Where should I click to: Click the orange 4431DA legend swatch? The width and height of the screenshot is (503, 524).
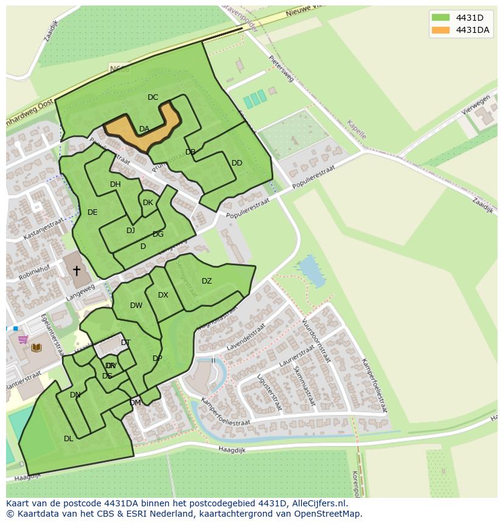(440, 30)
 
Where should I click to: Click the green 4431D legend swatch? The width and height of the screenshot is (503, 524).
(440, 17)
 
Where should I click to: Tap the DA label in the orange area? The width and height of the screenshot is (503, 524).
(144, 129)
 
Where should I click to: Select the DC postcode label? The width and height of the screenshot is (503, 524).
(152, 97)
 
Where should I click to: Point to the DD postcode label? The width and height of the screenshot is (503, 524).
(237, 163)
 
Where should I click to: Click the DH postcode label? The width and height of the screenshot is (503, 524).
(115, 184)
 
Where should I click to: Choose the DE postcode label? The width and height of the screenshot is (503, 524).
(92, 212)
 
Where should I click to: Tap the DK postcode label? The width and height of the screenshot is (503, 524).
(148, 203)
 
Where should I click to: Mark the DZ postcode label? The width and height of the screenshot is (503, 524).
(207, 281)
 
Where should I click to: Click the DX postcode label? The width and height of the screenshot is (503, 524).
(163, 295)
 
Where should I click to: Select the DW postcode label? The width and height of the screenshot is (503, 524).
(136, 306)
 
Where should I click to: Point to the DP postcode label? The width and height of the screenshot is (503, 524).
(157, 358)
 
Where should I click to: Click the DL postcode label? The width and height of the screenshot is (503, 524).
(69, 439)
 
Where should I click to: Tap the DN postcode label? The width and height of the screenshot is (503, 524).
(75, 395)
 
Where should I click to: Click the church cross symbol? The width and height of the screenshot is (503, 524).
(77, 271)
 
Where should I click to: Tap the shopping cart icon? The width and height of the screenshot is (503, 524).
(23, 340)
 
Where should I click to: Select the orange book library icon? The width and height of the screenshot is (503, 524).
(36, 348)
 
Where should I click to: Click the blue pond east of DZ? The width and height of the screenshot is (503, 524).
(311, 272)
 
